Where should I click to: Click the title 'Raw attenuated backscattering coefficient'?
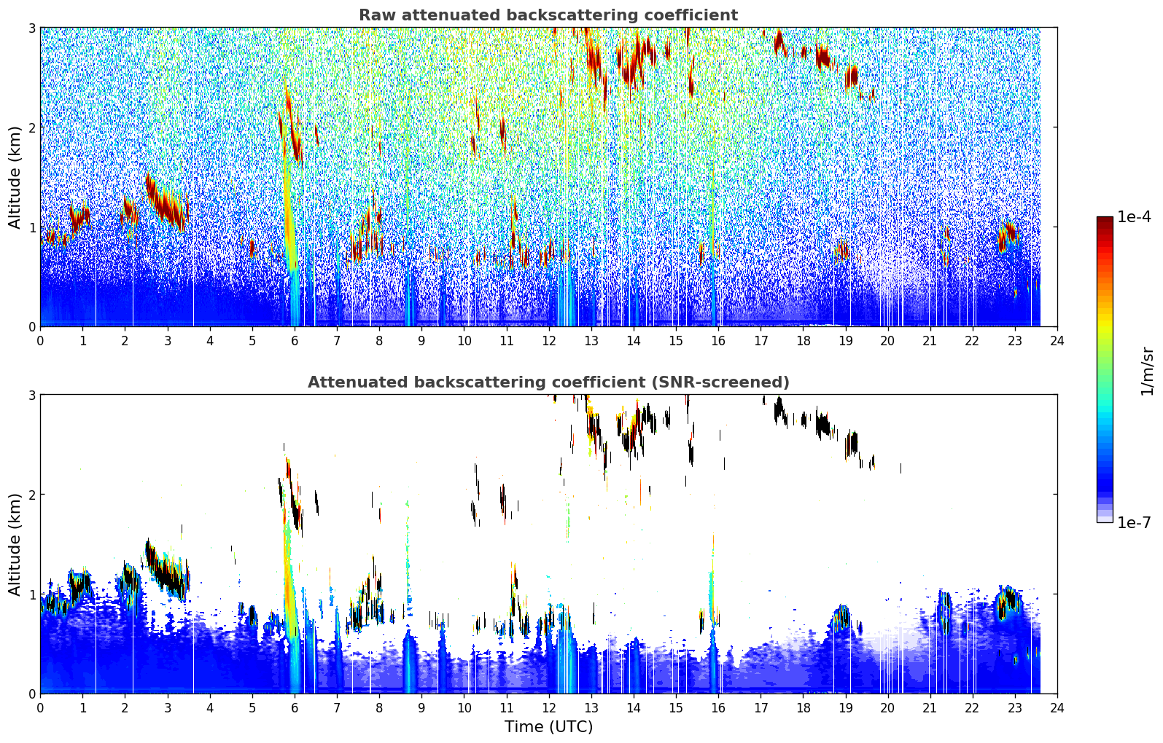point(548,15)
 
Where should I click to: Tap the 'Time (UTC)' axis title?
point(548,726)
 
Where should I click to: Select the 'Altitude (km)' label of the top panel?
point(14,178)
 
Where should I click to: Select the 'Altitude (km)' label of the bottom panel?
point(14,544)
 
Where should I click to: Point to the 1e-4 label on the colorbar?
point(1134,217)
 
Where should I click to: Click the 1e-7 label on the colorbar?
point(1134,522)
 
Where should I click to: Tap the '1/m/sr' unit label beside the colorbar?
point(1147,371)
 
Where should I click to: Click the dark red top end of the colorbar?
point(1105,220)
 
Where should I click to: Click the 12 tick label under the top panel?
point(549,341)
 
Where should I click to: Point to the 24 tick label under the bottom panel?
point(1057,708)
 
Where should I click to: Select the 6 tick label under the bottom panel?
point(295,708)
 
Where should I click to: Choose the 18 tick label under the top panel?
point(804,341)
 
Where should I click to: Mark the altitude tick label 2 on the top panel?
point(31,127)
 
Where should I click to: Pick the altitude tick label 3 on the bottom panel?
point(31,395)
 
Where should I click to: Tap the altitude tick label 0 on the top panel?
point(31,327)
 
